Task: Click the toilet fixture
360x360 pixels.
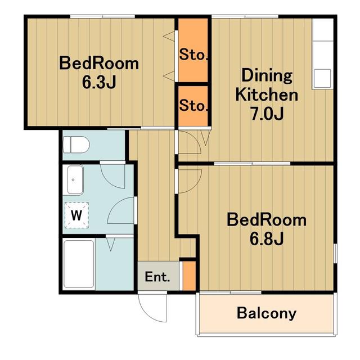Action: (x=76, y=145)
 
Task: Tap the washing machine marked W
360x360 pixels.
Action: (x=76, y=215)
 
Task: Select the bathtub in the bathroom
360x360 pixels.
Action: (x=79, y=264)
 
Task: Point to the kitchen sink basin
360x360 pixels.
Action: (x=322, y=78)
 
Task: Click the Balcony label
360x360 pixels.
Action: (x=267, y=313)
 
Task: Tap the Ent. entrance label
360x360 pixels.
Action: (x=157, y=277)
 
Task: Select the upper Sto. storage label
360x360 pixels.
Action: (x=193, y=55)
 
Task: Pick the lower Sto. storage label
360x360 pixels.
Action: (x=193, y=106)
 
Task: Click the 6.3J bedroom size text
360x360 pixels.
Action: (x=99, y=82)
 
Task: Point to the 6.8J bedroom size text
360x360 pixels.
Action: (x=267, y=239)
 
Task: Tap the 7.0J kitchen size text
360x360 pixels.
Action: (x=267, y=114)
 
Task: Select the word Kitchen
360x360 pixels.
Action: (x=267, y=95)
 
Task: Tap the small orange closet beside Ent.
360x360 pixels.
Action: (x=189, y=276)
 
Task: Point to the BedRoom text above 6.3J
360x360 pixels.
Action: (x=99, y=63)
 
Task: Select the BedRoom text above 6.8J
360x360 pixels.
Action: (x=267, y=220)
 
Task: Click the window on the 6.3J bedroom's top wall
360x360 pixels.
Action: (x=102, y=16)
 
